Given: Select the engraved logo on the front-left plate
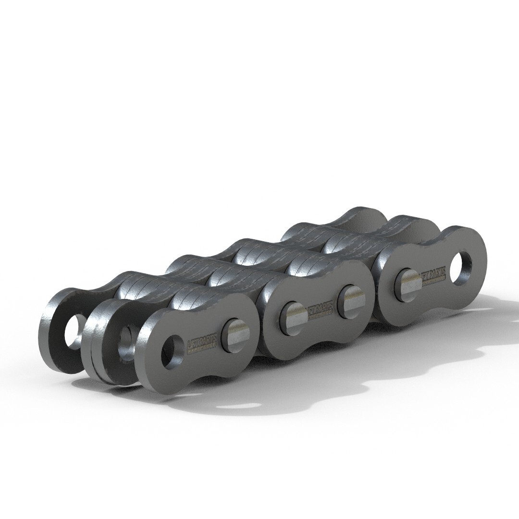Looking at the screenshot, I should [202, 343].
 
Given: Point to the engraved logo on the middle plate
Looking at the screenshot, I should [320, 310].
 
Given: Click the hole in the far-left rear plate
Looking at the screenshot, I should [72, 332].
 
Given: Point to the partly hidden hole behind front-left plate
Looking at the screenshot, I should [126, 339].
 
